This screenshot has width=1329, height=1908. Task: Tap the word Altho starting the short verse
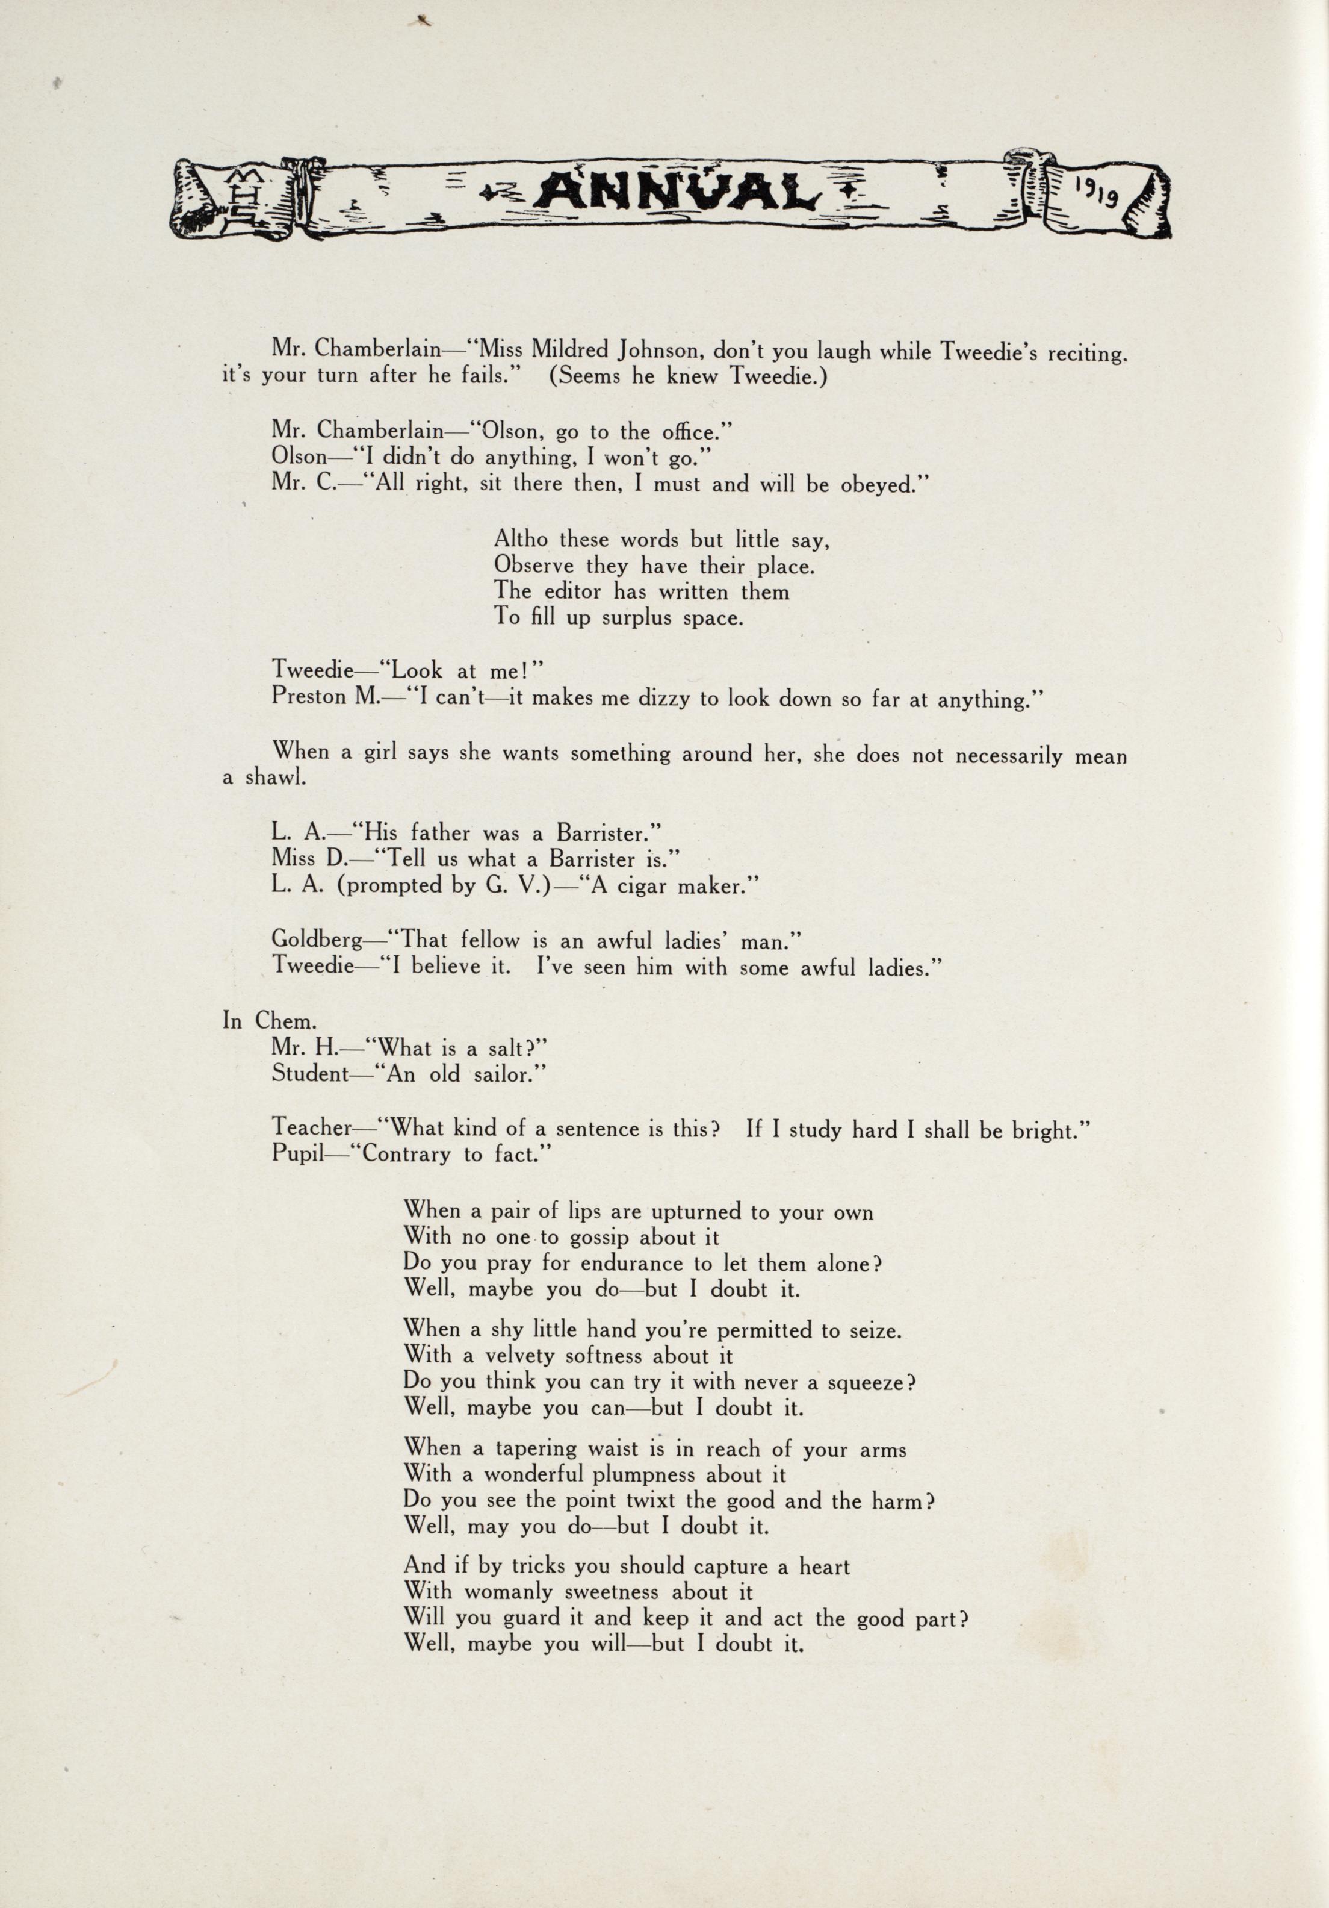521,539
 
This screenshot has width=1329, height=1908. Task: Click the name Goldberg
315,940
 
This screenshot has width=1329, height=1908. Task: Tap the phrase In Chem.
256,1020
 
